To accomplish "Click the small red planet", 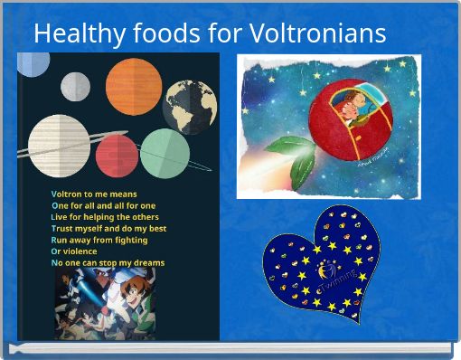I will pos(116,155).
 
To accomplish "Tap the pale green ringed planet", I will pos(165,153).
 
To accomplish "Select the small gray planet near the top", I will pos(75,86).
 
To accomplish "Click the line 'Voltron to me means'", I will pos(94,194).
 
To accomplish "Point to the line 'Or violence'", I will pos(74,251).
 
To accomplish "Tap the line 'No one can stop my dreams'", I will pos(108,262).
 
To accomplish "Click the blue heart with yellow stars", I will pos(315,263).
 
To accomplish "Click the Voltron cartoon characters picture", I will pos(106,303).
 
